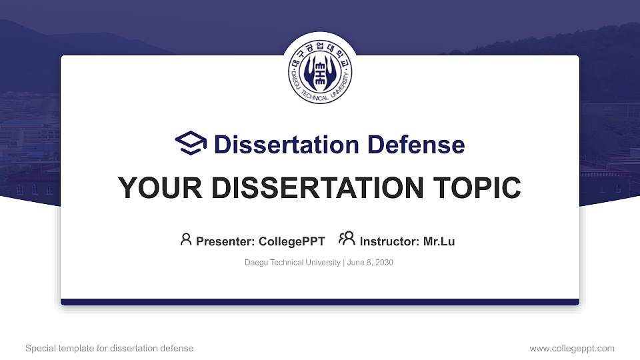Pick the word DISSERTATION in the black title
303,188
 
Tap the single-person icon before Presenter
186,239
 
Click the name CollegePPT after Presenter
291,241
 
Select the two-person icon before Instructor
347,239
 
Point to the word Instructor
389,241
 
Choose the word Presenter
222,241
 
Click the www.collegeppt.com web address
572,348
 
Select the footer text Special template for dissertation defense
109,348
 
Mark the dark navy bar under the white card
320,302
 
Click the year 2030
385,263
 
